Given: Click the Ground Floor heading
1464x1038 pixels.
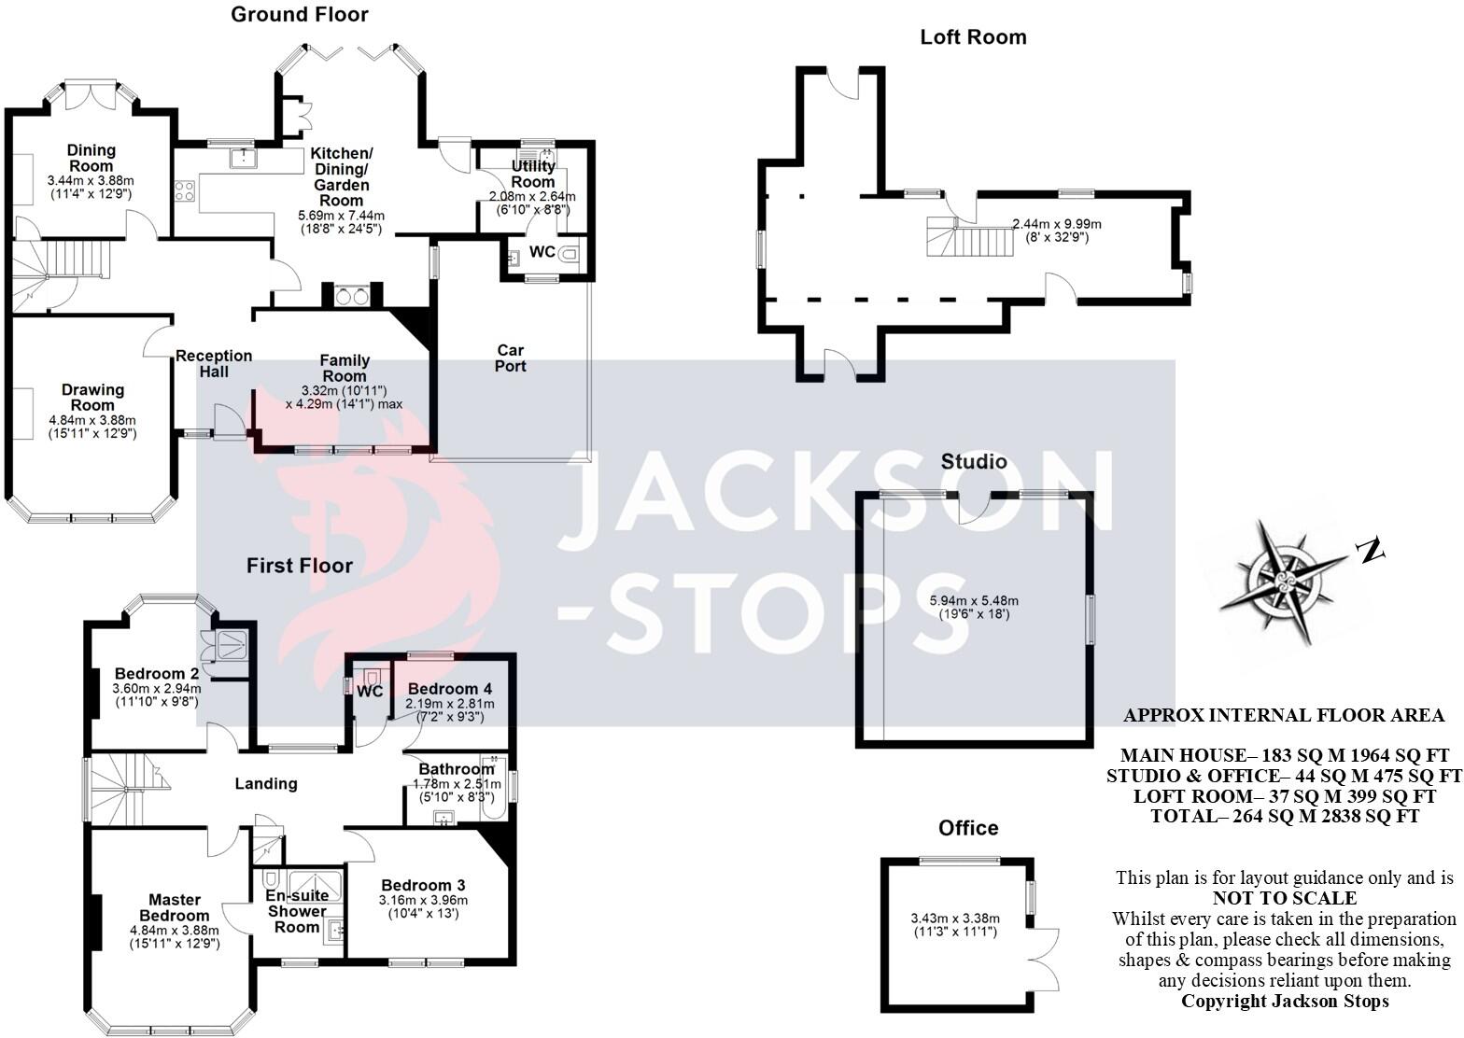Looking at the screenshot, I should point(299,15).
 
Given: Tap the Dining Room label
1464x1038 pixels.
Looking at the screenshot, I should point(91,158).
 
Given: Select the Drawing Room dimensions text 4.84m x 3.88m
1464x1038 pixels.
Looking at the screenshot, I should point(92,420).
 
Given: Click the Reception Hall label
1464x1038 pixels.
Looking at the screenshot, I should point(214,364).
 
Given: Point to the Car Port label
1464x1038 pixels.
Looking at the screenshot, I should point(510,358).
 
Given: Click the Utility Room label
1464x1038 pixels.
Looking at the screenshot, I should point(533,174).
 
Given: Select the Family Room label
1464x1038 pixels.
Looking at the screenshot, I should point(345,368).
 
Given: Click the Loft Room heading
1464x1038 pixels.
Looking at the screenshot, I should point(973,37).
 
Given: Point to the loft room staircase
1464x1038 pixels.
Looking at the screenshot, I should point(969,236).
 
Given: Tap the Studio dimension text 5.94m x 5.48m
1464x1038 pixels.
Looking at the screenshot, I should point(974,600).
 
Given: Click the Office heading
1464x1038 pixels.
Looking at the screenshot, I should point(968,828).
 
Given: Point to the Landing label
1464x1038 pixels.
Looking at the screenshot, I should point(266,784).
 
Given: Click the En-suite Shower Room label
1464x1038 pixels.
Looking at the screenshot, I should point(297,911).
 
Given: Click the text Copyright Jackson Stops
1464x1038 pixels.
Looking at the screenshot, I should point(1285,1002).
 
